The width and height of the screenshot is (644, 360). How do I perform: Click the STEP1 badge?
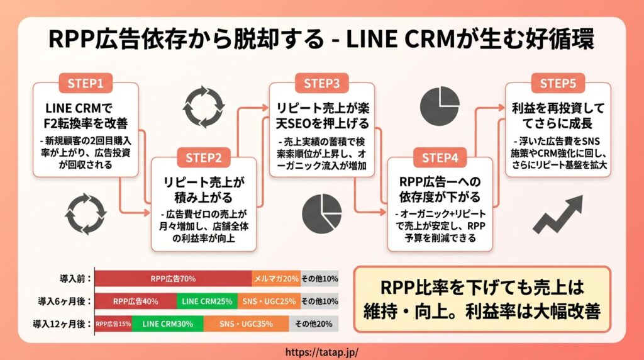pyautogui.click(x=86, y=84)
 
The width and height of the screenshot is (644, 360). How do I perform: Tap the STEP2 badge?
pyautogui.click(x=203, y=158)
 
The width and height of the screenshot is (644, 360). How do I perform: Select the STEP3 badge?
pyautogui.click(x=321, y=84)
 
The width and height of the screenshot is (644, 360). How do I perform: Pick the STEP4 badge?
pyautogui.click(x=440, y=158)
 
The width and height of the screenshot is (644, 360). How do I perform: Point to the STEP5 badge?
pyautogui.click(x=558, y=84)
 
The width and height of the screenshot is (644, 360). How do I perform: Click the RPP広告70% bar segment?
pyautogui.click(x=174, y=279)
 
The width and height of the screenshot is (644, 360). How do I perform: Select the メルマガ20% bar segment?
pyautogui.click(x=276, y=279)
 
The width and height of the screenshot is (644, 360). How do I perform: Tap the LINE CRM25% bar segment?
pyautogui.click(x=207, y=301)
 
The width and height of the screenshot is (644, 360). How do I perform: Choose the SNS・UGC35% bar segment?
pyautogui.click(x=246, y=324)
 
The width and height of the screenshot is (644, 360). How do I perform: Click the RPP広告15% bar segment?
pyautogui.click(x=113, y=324)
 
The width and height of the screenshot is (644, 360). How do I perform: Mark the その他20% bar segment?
pyautogui.click(x=314, y=324)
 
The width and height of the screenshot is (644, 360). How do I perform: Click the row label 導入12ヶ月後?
pyautogui.click(x=62, y=324)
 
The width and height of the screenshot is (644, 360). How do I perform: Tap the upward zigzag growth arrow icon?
pyautogui.click(x=558, y=214)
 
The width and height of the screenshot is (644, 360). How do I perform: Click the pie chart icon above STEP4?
pyautogui.click(x=440, y=106)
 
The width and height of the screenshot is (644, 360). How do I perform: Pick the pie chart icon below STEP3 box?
pyautogui.click(x=321, y=214)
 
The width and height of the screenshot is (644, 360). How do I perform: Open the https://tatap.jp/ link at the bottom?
pyautogui.click(x=321, y=352)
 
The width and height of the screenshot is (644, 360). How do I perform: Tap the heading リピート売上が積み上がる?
pyautogui.click(x=203, y=190)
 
